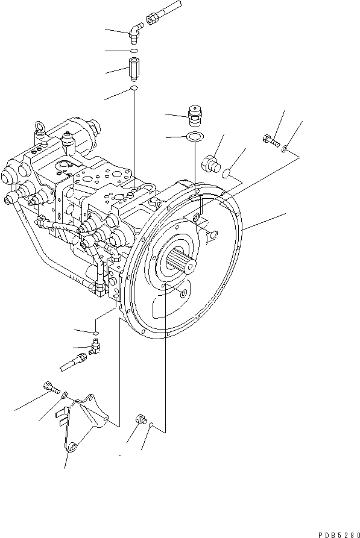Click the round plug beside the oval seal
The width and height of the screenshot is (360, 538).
(x=210, y=163)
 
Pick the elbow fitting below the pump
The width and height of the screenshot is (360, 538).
(x=95, y=347)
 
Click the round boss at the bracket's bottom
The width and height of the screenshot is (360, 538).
(x=73, y=446)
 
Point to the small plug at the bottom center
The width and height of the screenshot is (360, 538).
(x=141, y=419)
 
